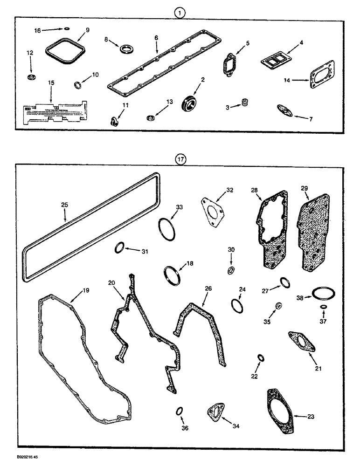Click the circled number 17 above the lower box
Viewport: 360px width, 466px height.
pyautogui.click(x=180, y=159)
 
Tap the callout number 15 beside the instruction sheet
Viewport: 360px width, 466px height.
pyautogui.click(x=51, y=82)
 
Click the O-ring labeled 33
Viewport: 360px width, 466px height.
pyautogui.click(x=165, y=229)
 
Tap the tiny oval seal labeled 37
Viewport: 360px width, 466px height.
pyautogui.click(x=323, y=307)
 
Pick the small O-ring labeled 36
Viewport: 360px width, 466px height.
pyautogui.click(x=179, y=411)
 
